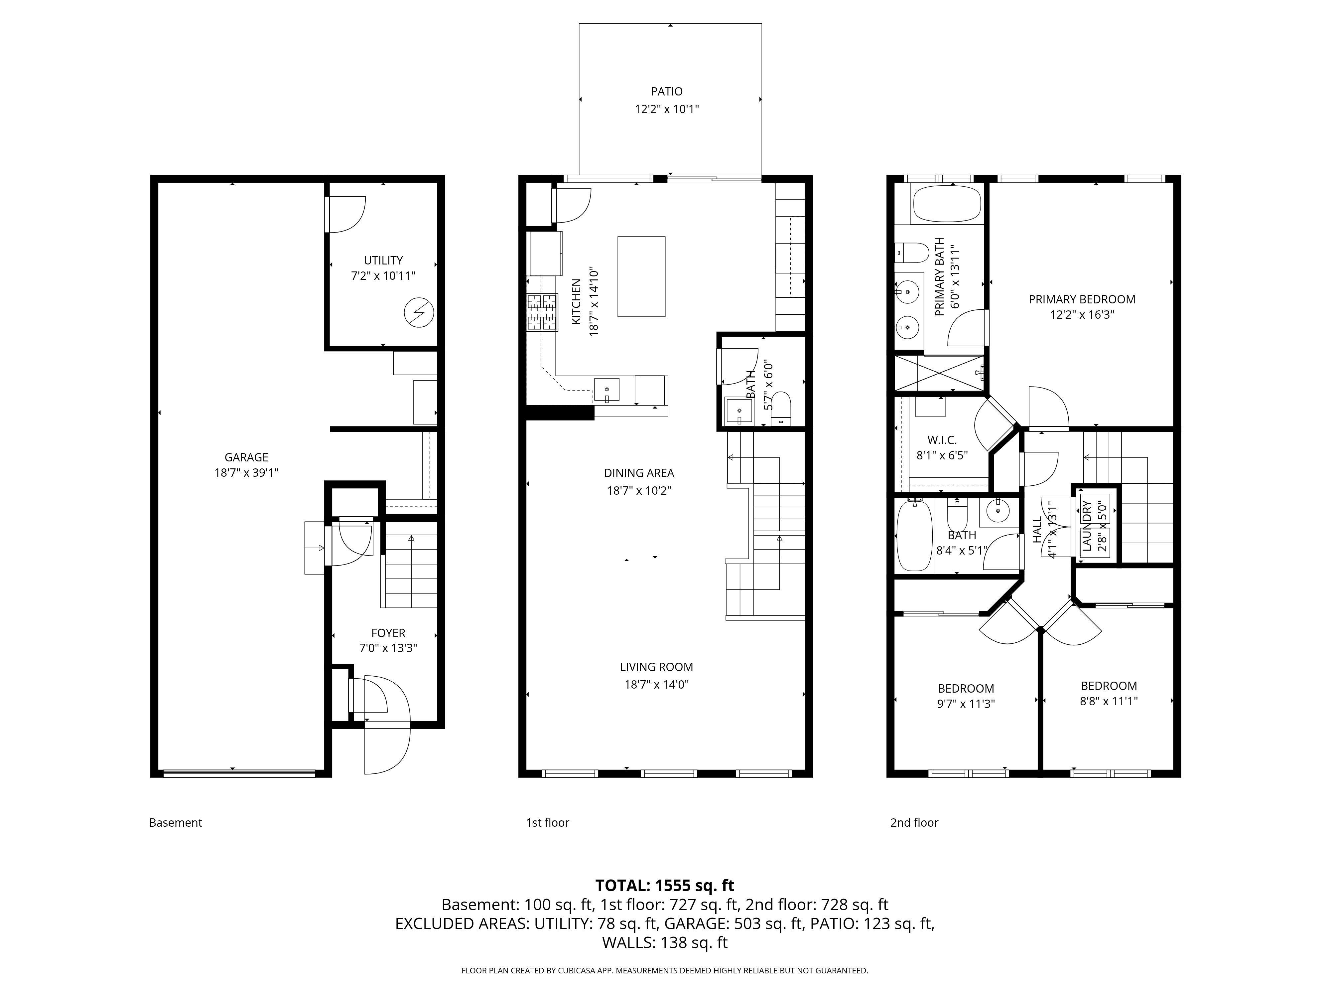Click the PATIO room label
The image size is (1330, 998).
tap(667, 91)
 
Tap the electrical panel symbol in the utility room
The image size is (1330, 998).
tap(419, 313)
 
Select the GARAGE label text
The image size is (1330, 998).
tap(246, 457)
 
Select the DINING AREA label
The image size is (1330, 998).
tap(639, 473)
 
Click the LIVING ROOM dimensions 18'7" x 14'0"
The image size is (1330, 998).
tap(657, 684)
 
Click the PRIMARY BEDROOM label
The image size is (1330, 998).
tap(1082, 299)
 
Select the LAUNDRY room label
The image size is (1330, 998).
tap(1087, 525)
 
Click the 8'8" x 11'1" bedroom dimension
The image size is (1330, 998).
tap(1109, 701)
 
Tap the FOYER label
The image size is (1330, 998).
tap(388, 633)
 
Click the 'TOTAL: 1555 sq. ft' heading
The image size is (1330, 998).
tap(665, 886)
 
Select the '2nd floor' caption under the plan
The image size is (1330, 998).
tap(914, 822)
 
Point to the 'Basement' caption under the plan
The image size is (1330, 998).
tap(176, 822)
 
